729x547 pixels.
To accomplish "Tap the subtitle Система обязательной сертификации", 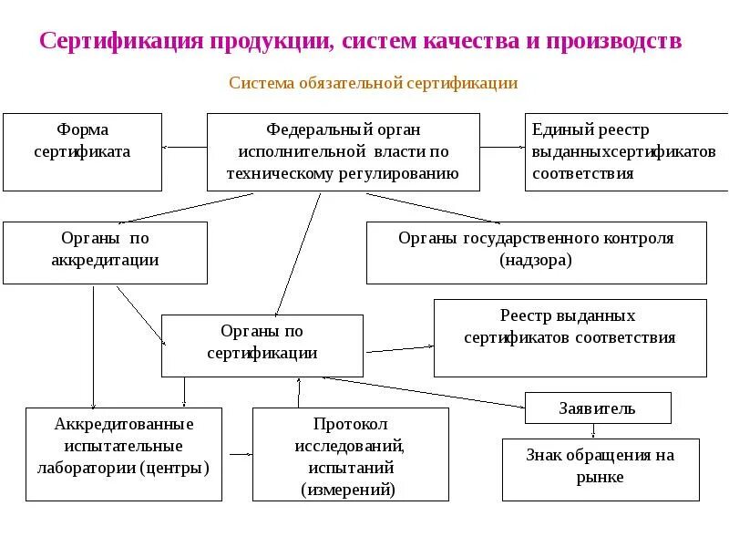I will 373,83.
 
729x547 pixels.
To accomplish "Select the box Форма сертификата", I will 82,151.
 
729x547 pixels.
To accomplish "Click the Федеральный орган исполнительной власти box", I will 343,151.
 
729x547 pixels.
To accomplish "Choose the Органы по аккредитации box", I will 105,252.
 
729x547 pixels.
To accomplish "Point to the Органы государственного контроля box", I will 536,252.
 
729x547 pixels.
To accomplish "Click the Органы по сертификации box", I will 262,345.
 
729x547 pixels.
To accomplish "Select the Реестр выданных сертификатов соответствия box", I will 570,337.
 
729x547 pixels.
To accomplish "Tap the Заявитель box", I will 598,408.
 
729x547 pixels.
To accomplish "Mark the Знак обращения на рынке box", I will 601,469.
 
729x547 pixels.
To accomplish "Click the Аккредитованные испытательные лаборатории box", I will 123,453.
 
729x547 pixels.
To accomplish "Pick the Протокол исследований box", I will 350,453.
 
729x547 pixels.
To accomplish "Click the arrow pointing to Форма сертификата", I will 184,146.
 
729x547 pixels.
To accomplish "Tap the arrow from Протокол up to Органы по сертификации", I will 299,392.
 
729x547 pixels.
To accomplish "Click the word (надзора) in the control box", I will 536,261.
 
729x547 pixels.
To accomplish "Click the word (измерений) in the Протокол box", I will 350,489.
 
